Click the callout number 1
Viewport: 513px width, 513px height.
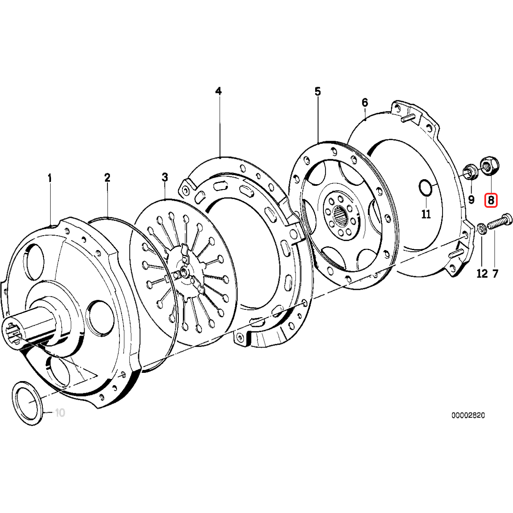pyautogui.click(x=50, y=178)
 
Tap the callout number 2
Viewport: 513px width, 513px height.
pyautogui.click(x=107, y=178)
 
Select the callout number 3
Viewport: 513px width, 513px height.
pyautogui.click(x=165, y=177)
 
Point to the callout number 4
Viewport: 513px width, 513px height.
pyautogui.click(x=218, y=91)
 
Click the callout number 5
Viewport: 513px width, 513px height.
pyautogui.click(x=318, y=91)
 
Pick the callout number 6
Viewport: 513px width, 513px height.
pyautogui.click(x=365, y=102)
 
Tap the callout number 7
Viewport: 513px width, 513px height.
pyautogui.click(x=495, y=274)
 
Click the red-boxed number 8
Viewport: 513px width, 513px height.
pyautogui.click(x=491, y=201)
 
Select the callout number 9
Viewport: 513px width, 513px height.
pyautogui.click(x=471, y=199)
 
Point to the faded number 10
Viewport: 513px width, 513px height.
pyautogui.click(x=60, y=413)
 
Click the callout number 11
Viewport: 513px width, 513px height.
pyautogui.click(x=426, y=214)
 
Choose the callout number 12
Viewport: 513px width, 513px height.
pyautogui.click(x=482, y=274)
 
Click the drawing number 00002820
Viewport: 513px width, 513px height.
pyautogui.click(x=468, y=415)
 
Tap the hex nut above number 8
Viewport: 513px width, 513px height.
pyautogui.click(x=489, y=165)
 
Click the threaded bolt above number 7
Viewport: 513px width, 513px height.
pyautogui.click(x=500, y=222)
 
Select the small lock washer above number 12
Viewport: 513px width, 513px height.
pyautogui.click(x=482, y=228)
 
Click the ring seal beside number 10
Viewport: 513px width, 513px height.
pyautogui.click(x=28, y=402)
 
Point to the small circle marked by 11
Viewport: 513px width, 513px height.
pyautogui.click(x=425, y=187)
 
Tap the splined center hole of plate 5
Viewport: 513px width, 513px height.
pyautogui.click(x=341, y=215)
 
